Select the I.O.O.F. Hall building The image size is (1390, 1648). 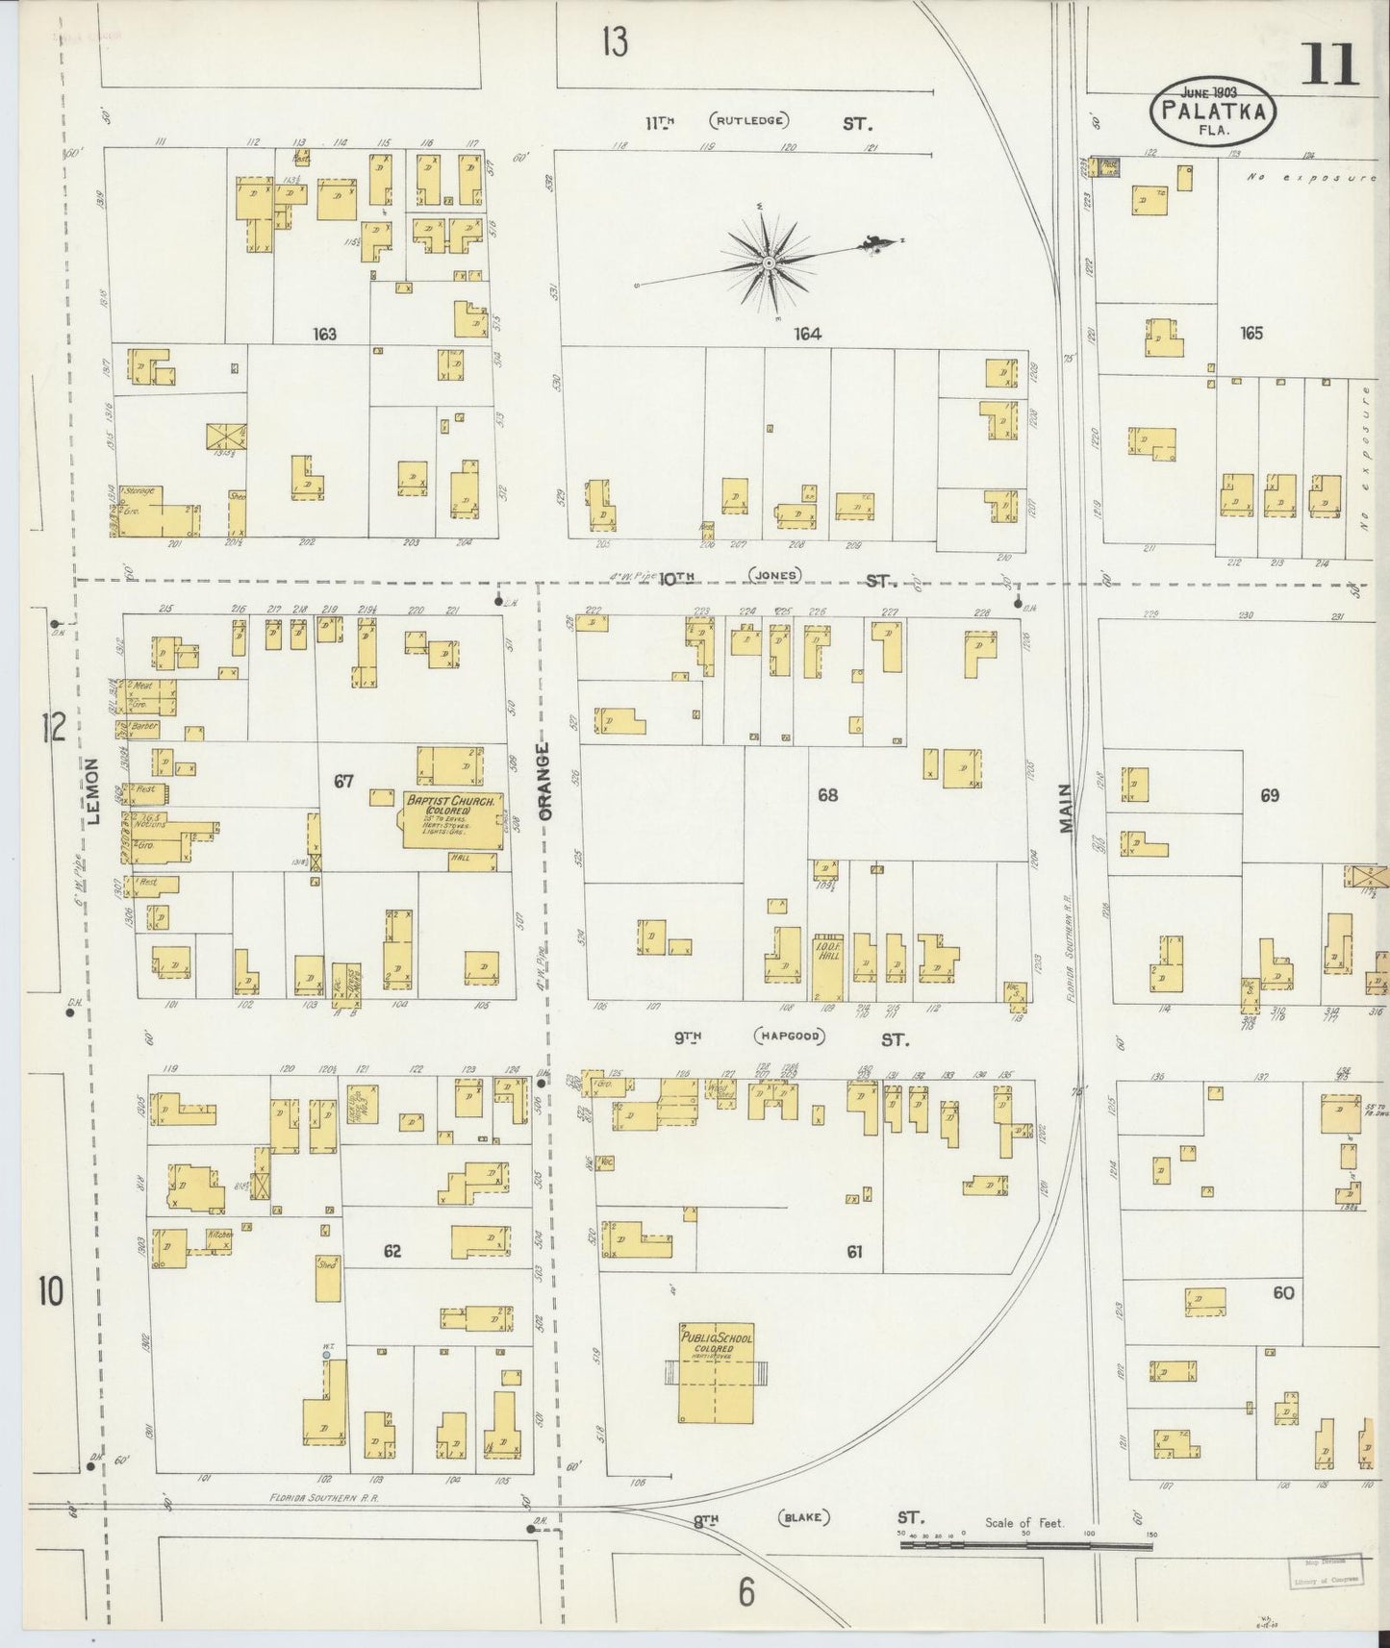click(825, 965)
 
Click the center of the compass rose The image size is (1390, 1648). click(769, 262)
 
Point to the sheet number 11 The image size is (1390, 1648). click(1330, 65)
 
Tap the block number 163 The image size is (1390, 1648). click(324, 335)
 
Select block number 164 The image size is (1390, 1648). click(806, 335)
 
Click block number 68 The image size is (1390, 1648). click(826, 795)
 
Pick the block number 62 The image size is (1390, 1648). click(392, 1252)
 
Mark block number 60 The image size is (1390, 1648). click(1282, 1292)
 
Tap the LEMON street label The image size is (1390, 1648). click(93, 791)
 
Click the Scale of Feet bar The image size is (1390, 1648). click(1025, 1546)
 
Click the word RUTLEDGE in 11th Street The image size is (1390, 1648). click(749, 122)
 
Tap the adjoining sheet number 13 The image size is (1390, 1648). click(614, 42)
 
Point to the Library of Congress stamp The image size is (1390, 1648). click(1326, 1571)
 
